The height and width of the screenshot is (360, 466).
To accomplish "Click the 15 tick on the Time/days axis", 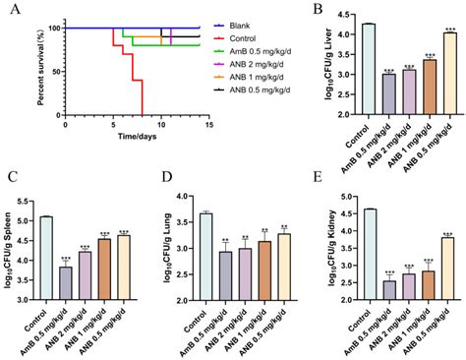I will (200, 124).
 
